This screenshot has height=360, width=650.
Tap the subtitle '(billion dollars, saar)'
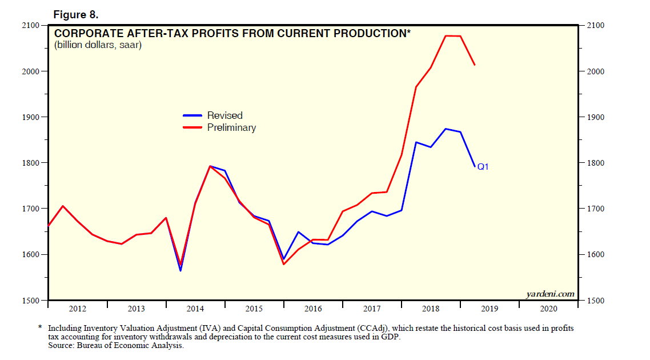98,45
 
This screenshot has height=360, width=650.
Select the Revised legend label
224,116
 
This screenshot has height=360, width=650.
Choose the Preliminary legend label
231,128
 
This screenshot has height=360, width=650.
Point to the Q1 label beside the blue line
483,167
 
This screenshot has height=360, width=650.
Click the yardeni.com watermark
549,294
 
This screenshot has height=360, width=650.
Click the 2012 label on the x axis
78,309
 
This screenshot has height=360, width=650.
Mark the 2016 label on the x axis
313,309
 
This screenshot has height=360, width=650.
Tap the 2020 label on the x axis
548,309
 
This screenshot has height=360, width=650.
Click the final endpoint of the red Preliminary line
475,65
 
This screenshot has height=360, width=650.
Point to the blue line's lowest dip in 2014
180,270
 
